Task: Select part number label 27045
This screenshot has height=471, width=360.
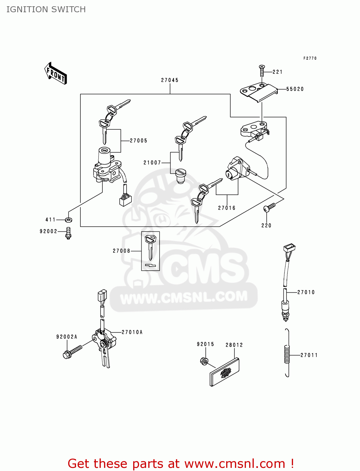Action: coord(170,80)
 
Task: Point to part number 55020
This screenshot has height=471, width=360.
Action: coord(295,89)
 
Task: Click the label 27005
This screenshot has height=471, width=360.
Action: coord(139,141)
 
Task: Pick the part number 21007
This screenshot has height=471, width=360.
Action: coord(152,163)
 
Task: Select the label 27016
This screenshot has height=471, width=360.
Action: coord(226,208)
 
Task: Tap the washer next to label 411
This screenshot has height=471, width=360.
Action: coord(68,219)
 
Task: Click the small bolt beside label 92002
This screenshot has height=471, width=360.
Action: coord(68,233)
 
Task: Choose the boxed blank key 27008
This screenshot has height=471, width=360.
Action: coord(150,251)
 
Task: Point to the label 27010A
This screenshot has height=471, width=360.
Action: coord(132,332)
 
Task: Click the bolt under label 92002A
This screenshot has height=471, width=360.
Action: coord(72,352)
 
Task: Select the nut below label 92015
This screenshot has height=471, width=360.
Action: coord(204,361)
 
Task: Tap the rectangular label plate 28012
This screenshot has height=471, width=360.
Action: coord(224,373)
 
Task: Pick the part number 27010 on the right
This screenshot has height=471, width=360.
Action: coord(306,292)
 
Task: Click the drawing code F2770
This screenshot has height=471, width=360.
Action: coord(310,58)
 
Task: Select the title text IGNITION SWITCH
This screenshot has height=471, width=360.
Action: coord(46,9)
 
